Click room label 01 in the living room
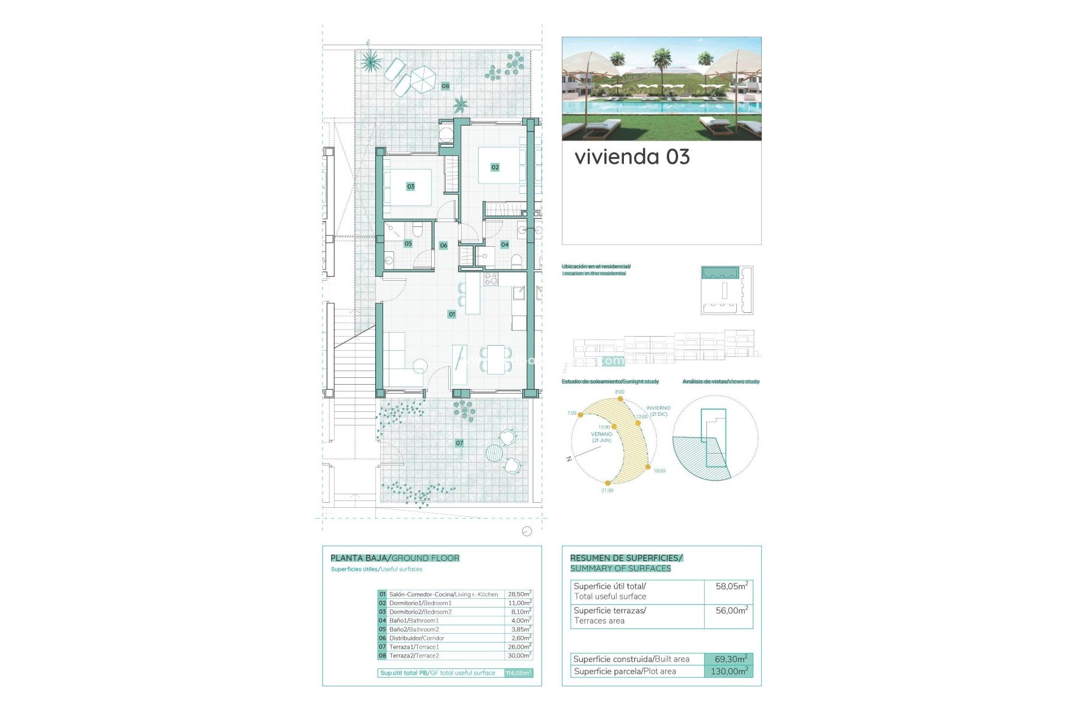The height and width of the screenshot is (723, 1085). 452,314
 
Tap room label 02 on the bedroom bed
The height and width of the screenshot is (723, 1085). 495,167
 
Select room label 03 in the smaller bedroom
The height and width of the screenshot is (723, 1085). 411,186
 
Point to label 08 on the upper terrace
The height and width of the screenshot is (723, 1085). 445,86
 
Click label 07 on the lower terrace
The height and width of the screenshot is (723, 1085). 459,443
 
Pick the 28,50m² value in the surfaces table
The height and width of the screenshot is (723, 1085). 519,594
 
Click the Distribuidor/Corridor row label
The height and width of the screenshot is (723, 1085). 416,638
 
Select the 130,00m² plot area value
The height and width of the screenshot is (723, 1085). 728,672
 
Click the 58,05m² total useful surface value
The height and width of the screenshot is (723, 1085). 731,586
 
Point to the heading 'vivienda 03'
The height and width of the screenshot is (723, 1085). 632,157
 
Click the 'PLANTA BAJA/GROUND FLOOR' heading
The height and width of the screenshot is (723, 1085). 394,558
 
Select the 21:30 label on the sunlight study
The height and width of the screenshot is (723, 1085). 607,490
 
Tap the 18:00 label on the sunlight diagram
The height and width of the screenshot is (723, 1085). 659,471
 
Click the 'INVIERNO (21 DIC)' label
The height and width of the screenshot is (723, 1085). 658,411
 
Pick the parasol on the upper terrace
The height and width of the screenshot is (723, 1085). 422,79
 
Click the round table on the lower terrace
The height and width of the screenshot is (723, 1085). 494,452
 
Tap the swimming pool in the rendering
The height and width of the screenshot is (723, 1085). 661,107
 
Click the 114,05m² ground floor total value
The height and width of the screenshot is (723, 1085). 518,673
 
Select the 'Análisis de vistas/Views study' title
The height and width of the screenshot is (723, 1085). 721,382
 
